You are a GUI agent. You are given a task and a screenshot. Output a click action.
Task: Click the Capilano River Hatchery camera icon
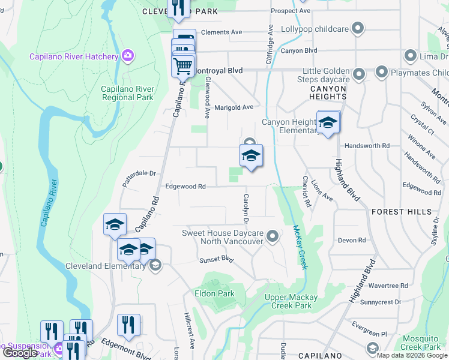click(x=127, y=56)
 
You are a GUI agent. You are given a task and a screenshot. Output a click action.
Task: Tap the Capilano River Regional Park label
click(x=127, y=93)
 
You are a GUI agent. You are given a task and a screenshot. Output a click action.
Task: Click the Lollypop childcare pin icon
click(x=358, y=28)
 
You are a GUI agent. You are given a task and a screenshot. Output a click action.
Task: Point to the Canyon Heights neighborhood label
click(x=328, y=93)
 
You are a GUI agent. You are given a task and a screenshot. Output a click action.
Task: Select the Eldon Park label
click(x=214, y=293)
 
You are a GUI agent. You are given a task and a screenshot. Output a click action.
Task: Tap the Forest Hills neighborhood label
click(x=401, y=212)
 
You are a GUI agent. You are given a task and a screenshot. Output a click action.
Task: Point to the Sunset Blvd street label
click(x=215, y=260)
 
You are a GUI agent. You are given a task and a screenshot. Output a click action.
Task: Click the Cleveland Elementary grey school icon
click(x=155, y=266)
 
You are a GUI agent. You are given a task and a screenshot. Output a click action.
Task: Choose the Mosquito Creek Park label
click(x=421, y=343)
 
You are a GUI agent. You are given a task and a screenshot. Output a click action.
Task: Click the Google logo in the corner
click(x=19, y=353)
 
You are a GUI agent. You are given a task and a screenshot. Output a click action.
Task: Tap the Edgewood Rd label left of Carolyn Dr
click(x=185, y=187)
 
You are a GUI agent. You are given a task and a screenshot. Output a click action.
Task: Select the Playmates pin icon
click(x=382, y=73)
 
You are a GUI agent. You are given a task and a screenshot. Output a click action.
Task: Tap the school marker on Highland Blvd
click(x=328, y=124)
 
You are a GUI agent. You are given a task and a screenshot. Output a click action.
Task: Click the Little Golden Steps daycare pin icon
click(x=359, y=74)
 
